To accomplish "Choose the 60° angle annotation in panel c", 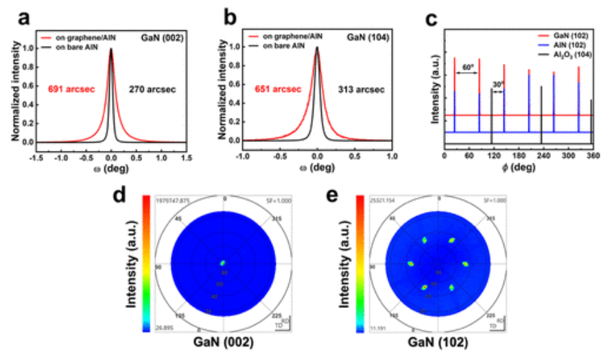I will pos(467,67).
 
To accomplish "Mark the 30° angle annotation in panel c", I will pos(498,84).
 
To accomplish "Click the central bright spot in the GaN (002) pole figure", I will pos(223,263).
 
